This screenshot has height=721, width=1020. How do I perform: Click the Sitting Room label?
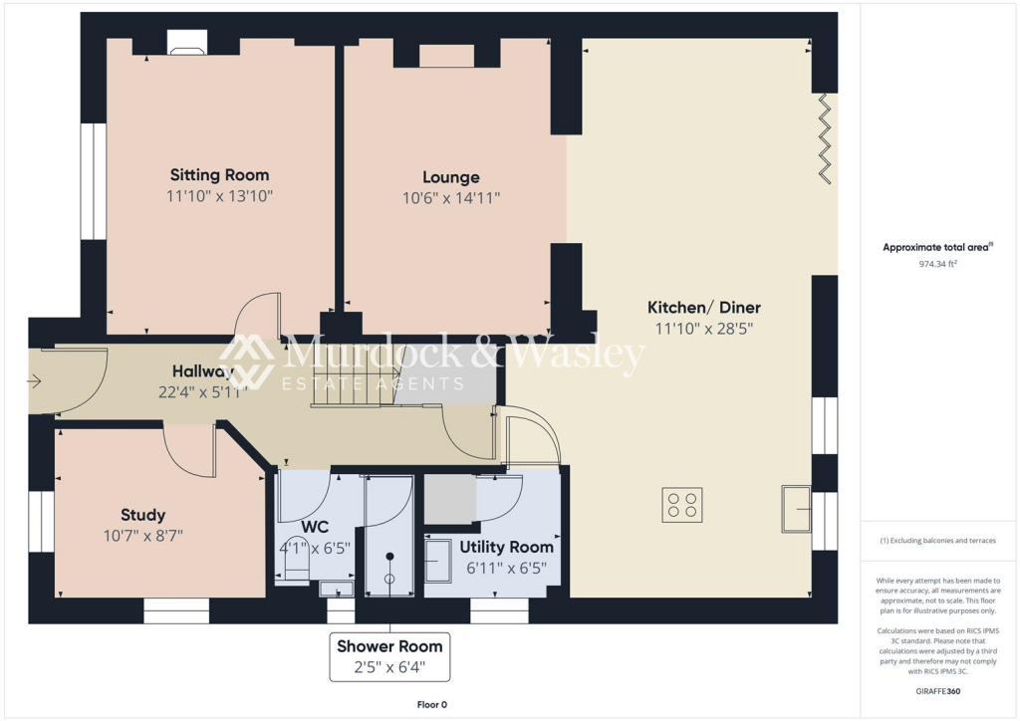pos(219,175)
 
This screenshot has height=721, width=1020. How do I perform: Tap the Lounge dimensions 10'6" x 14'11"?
pos(450,198)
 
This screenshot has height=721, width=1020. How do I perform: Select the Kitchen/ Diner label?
pos(704,307)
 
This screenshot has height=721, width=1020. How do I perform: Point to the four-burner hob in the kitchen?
pos(682,505)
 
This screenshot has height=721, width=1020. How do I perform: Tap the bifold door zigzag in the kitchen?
pos(825,138)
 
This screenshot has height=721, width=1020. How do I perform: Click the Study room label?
pos(142,515)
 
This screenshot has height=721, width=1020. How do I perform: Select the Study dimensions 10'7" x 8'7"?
pos(142,536)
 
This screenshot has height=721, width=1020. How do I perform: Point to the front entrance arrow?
pos(36,380)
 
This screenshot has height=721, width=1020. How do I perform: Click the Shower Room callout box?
pos(389,656)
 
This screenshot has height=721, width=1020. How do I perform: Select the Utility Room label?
pos(506,547)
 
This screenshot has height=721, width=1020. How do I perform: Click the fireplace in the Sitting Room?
pos(186,43)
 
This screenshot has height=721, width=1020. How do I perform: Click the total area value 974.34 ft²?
pos(939,265)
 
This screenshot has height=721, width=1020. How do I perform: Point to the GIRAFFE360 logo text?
pos(939,690)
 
